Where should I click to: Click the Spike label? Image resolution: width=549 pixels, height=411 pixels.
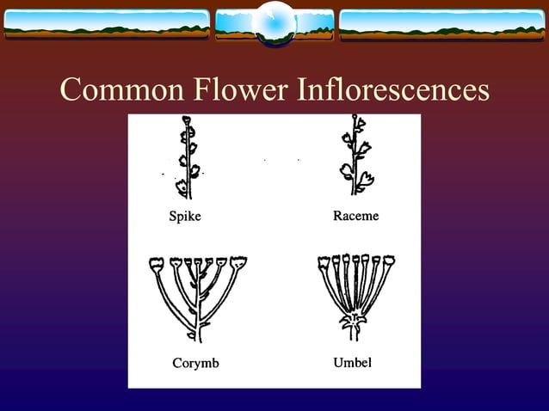pyautogui.click(x=184, y=217)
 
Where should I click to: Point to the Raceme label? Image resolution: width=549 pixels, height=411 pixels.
pyautogui.click(x=355, y=216)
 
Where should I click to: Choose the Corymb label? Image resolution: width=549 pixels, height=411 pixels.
pyautogui.click(x=195, y=363)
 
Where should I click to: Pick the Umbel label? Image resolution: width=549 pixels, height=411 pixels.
pyautogui.click(x=352, y=362)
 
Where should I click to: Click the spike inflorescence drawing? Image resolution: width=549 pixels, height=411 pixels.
pyautogui.click(x=186, y=159)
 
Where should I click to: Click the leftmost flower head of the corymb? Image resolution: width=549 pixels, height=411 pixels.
pyautogui.click(x=156, y=263)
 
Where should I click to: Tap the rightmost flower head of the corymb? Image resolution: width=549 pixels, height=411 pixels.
pyautogui.click(x=238, y=261)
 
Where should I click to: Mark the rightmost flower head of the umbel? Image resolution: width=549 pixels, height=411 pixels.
pyautogui.click(x=388, y=260)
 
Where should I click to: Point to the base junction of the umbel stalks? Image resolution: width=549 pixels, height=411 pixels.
pyautogui.click(x=354, y=322)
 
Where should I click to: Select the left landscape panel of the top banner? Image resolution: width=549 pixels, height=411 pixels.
pyautogui.click(x=107, y=25)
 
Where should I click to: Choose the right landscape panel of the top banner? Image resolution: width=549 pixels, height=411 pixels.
pyautogui.click(x=441, y=25)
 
